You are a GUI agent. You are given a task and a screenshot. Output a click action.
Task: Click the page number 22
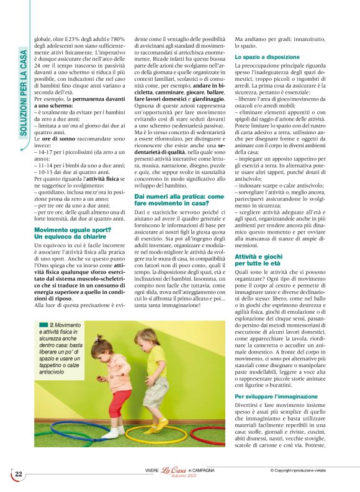(19, 474)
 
